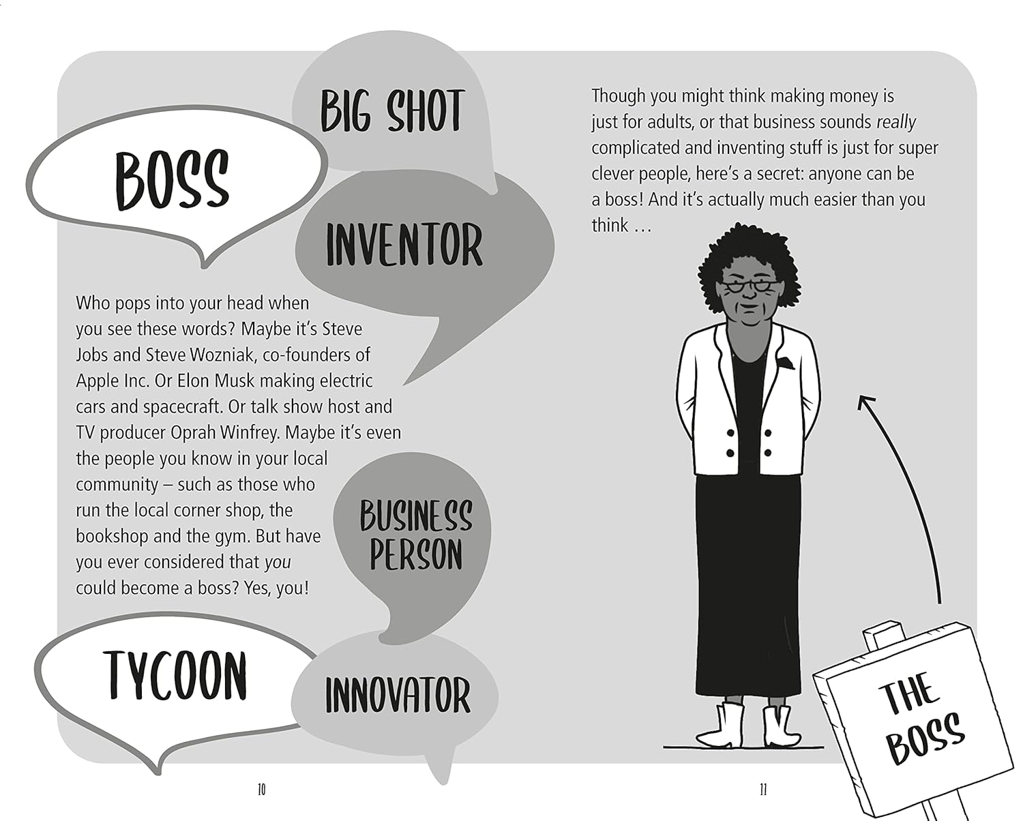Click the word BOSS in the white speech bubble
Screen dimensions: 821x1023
coord(172,180)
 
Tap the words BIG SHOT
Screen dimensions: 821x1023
coord(393,110)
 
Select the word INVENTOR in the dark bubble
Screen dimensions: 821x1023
coord(404,245)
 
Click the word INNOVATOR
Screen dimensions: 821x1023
coord(398,695)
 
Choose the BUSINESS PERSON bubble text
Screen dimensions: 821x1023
coord(415,535)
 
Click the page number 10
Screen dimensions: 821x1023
coord(261,790)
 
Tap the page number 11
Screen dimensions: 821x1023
coord(763,790)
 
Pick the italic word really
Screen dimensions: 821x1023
coord(895,123)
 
